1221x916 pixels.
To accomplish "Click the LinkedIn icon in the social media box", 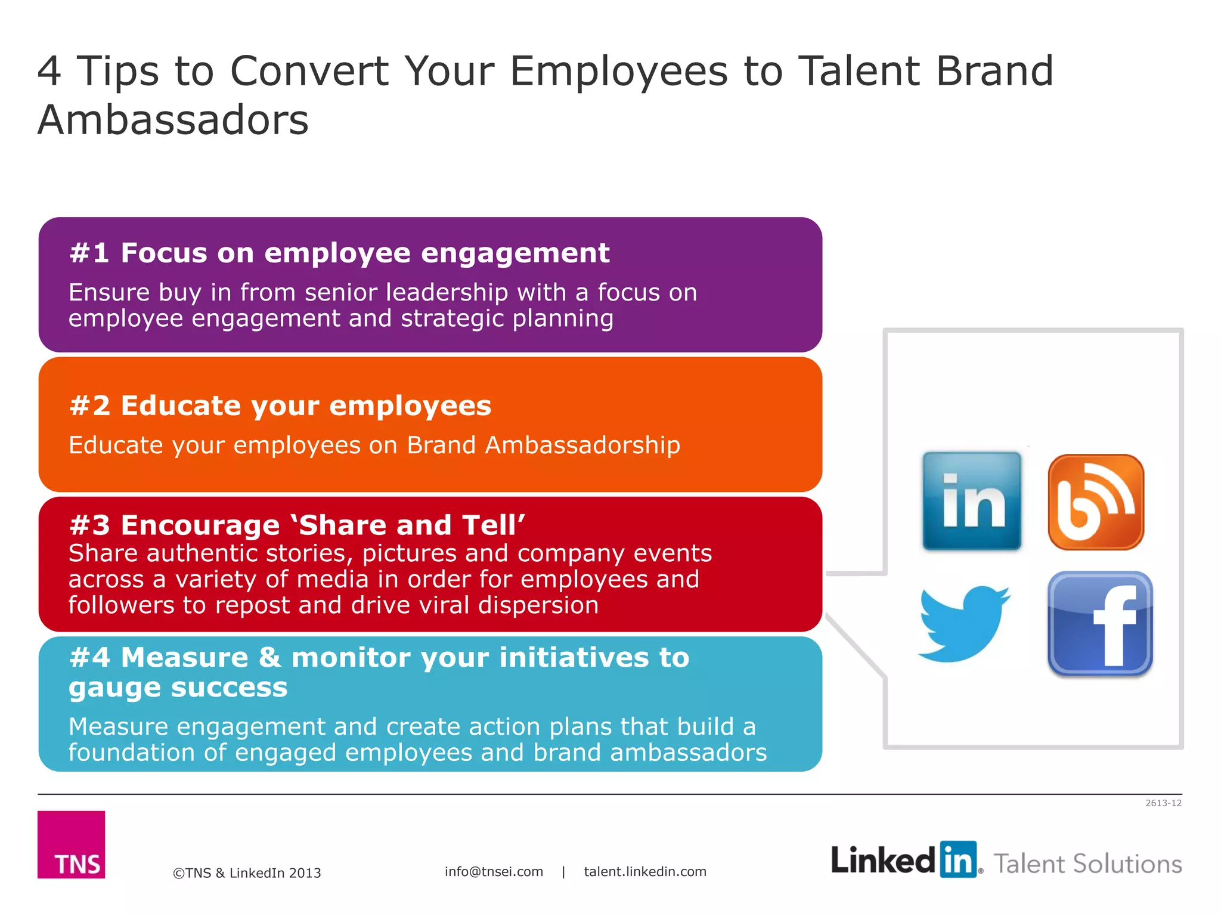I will click(971, 500).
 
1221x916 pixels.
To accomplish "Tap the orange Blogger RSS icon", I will click(1096, 502).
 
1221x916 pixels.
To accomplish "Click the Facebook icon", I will click(1100, 624).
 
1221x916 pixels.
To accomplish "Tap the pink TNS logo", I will click(71, 844).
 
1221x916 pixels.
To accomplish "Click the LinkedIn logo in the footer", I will click(905, 860).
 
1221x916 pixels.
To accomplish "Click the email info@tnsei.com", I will click(494, 871).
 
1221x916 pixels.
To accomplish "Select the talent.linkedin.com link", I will click(645, 871).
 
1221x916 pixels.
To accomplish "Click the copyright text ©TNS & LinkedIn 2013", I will click(247, 873).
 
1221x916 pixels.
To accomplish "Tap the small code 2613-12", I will click(1163, 803).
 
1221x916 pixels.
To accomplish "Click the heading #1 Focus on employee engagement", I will click(339, 253).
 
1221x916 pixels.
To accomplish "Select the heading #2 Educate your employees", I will click(280, 406).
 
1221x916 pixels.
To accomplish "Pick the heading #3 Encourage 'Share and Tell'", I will click(297, 525).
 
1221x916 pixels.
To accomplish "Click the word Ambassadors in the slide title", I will click(173, 120).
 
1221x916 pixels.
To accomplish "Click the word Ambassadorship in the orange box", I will click(582, 445).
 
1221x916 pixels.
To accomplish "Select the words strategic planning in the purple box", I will click(507, 318).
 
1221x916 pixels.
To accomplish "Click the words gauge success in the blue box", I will click(178, 688).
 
